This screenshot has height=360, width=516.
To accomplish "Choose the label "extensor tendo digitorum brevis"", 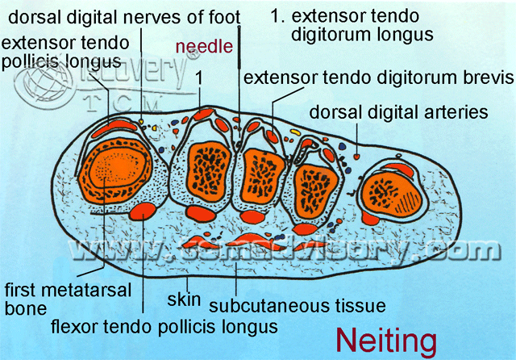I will [378, 78].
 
